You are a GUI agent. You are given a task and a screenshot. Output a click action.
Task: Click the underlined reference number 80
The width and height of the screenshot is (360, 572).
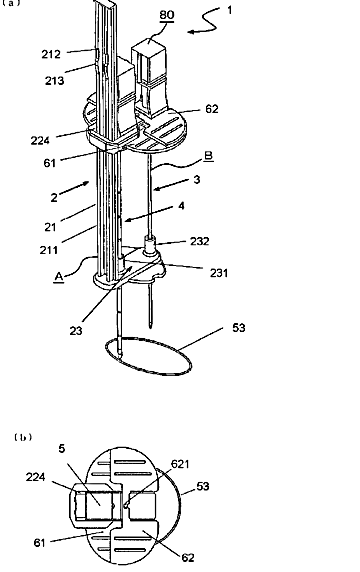167,15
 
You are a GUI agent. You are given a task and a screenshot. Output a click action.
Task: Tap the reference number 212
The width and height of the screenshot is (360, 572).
51,54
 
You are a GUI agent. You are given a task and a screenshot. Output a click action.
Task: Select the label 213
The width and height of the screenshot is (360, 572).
55,81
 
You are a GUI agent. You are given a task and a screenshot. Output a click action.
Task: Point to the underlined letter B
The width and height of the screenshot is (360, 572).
208,156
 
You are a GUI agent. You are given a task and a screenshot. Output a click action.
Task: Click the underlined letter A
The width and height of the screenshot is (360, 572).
59,277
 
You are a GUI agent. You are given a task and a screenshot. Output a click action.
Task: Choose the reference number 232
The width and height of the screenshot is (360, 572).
200,241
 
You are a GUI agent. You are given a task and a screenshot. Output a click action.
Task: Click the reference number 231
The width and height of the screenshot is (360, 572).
218,273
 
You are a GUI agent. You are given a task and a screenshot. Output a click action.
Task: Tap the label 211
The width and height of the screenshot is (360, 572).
49,250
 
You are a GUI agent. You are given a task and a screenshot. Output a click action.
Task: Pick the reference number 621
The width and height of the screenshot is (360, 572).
180,464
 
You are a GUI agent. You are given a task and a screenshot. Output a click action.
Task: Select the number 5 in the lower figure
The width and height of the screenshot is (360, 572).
62,448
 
